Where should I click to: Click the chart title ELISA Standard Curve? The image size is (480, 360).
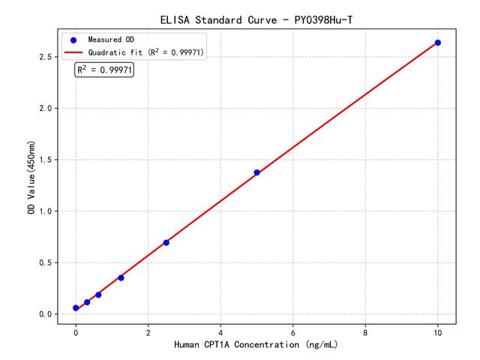pos(256,19)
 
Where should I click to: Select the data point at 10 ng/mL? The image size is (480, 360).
pos(438,43)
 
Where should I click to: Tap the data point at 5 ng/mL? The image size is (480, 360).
pos(256,172)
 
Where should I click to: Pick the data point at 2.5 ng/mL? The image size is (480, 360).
pos(166,242)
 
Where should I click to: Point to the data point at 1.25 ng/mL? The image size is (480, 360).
pos(121,277)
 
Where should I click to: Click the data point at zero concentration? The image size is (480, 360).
pos(76,308)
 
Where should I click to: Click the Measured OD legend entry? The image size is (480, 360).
pos(109,39)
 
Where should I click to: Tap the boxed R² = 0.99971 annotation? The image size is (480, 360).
pos(105,70)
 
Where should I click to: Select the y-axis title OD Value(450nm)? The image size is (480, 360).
pos(31,177)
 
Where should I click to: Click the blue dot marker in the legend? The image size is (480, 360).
pos(73,39)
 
